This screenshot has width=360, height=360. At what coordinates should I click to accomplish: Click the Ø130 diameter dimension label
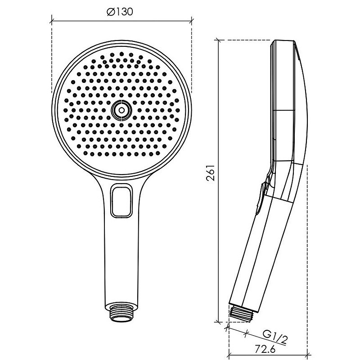point(120,12)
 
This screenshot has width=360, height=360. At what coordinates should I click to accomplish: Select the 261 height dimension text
point(211,173)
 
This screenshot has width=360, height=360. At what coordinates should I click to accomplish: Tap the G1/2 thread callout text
point(275,338)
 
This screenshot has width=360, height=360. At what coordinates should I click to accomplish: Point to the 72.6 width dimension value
point(265,350)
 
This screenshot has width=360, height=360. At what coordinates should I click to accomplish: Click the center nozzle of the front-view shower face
point(121,110)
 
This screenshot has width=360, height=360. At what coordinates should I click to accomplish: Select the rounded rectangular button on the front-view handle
point(121,201)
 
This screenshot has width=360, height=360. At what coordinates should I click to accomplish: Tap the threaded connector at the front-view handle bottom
point(121,313)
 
